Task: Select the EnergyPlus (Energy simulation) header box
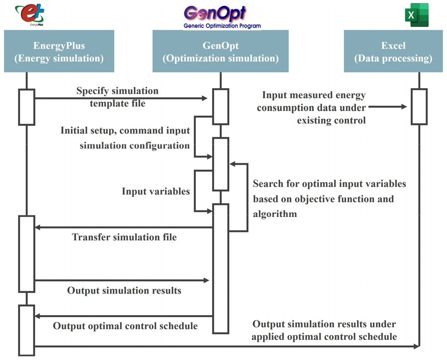pyautogui.click(x=59, y=52)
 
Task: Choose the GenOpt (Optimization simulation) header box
pyautogui.click(x=220, y=52)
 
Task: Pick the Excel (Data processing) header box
pyautogui.click(x=393, y=52)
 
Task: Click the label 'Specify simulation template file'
pyautogui.click(x=117, y=97)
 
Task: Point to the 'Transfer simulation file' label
pyautogui.click(x=124, y=237)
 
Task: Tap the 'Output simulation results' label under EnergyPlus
pyautogui.click(x=124, y=291)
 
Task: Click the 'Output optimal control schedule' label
pyautogui.click(x=125, y=326)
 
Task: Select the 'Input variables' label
pyautogui.click(x=156, y=191)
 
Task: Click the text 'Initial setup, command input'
pyautogui.click(x=125, y=130)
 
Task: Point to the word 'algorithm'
pyautogui.click(x=275, y=214)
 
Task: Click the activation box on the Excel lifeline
pyautogui.click(x=419, y=107)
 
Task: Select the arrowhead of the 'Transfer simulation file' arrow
pyautogui.click(x=38, y=227)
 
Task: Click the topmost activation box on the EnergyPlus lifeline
pyautogui.click(x=27, y=107)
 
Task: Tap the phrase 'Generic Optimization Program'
pyautogui.click(x=222, y=26)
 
